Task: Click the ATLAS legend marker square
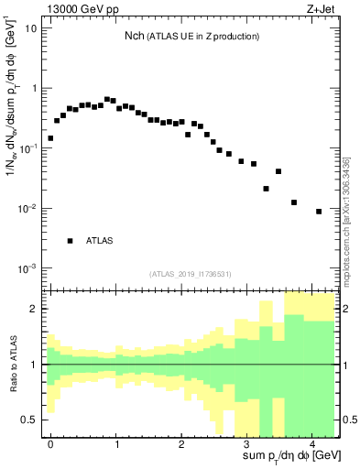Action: [x=70, y=241]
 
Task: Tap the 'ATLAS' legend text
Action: [x=100, y=241]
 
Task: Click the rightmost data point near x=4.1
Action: [x=319, y=212]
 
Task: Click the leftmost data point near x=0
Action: [x=50, y=138]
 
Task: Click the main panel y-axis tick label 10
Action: [x=32, y=27]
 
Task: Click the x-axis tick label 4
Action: [x=311, y=443]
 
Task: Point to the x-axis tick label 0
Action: [x=50, y=443]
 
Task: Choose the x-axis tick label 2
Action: [x=181, y=443]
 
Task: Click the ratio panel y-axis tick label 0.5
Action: [x=30, y=420]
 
